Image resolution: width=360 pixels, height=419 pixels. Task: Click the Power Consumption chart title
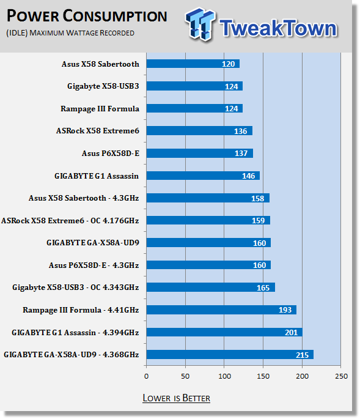coord(87,16)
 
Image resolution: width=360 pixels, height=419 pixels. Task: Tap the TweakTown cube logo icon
coord(200,24)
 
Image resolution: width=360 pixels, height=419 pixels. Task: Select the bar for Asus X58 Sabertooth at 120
coord(193,64)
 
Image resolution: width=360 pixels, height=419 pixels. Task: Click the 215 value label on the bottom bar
coord(302,355)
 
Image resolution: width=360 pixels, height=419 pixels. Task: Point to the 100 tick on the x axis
coord(224,376)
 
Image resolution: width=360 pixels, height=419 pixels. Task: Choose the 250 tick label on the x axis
coord(341,376)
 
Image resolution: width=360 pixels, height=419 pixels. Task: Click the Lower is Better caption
coord(176,398)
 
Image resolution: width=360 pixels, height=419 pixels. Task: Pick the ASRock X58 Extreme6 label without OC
coord(97,131)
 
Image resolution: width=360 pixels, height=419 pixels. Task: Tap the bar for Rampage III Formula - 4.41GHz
coord(221,310)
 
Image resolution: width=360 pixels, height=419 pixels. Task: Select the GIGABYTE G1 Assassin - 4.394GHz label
coord(75,332)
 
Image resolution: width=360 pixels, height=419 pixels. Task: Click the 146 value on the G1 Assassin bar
coord(248,176)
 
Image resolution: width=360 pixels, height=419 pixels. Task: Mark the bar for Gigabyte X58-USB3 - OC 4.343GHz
coord(211,287)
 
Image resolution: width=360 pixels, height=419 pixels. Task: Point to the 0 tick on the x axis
coord(146,376)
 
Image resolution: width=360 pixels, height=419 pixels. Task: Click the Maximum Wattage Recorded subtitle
coord(70,33)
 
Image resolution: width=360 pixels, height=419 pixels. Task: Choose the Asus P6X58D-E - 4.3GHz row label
coord(94,265)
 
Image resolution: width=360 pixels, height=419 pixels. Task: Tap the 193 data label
coord(285,310)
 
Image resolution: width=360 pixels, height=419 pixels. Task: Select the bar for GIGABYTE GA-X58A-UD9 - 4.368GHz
coord(230,355)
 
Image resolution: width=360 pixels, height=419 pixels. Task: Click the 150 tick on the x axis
coord(263,376)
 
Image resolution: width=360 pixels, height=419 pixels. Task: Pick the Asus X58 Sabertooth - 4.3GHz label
coord(84,198)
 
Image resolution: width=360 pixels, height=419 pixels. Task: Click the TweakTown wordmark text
coord(278,28)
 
